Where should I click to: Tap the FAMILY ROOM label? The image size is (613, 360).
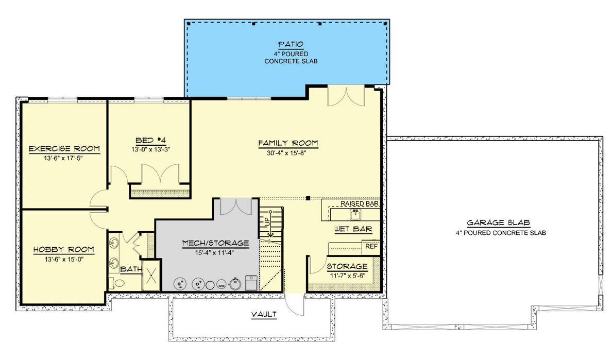coord(288,143)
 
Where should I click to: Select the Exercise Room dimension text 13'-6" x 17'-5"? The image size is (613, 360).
coord(63,158)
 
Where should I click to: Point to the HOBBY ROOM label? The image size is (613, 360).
coord(63,250)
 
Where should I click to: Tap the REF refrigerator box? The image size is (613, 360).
coord(371,247)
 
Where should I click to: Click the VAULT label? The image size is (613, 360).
coord(264,314)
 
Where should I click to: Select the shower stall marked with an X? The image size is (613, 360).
coord(151,276)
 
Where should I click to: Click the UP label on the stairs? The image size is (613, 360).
coord(267,222)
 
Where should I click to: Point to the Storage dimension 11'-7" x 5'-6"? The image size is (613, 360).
coord(347,276)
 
